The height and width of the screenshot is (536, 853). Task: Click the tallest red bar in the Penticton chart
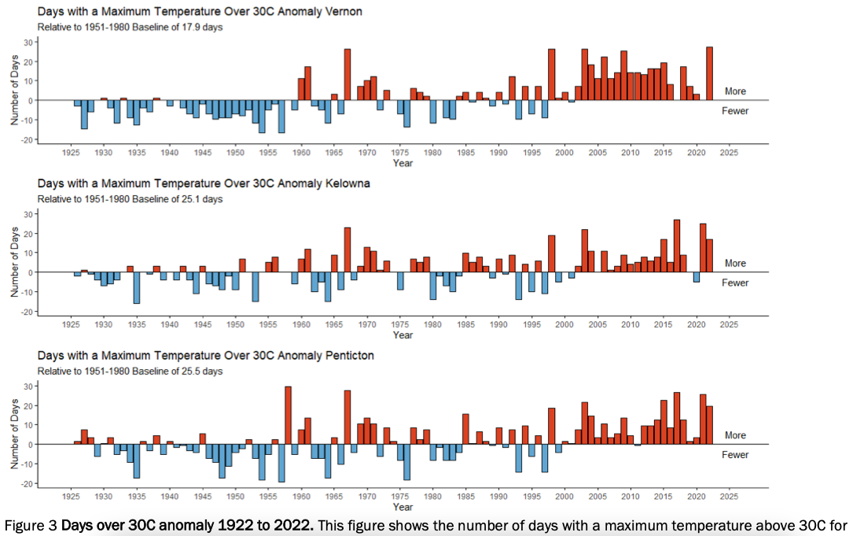[x=288, y=415]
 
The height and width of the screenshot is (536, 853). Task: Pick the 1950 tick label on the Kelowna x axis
[x=235, y=323]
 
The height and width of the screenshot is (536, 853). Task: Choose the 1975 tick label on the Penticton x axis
[x=400, y=496]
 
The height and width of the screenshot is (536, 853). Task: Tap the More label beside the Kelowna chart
[x=735, y=264]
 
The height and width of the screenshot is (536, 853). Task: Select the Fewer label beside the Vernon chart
[x=735, y=111]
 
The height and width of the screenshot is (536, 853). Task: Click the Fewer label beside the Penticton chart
[x=735, y=455]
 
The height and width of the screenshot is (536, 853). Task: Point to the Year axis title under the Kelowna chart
[x=403, y=335]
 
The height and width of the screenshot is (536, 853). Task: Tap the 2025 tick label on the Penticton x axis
[x=729, y=496]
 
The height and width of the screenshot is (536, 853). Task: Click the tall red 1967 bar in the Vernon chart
[x=347, y=74]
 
